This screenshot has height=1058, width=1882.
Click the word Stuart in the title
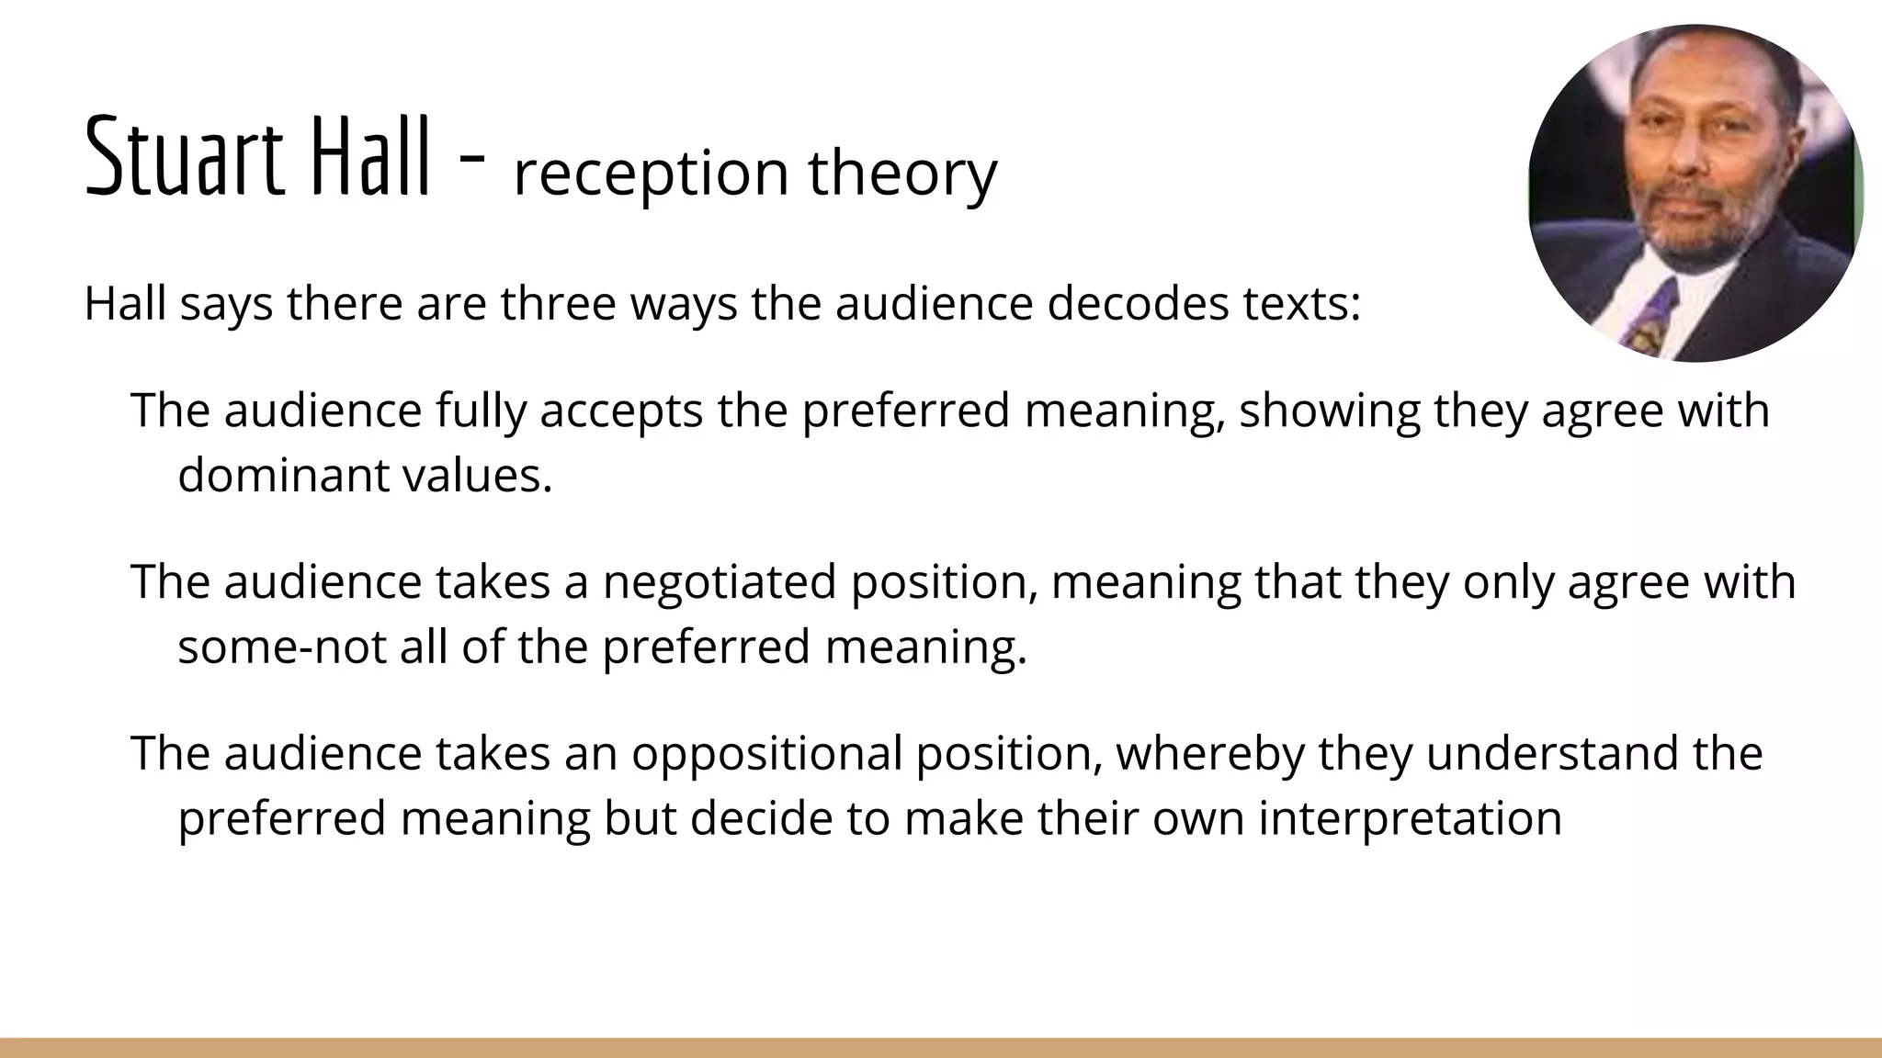[x=183, y=156]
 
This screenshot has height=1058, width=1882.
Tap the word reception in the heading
[x=651, y=173]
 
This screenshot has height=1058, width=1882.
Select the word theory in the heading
[x=902, y=173]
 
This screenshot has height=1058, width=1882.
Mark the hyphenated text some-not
[x=281, y=647]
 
